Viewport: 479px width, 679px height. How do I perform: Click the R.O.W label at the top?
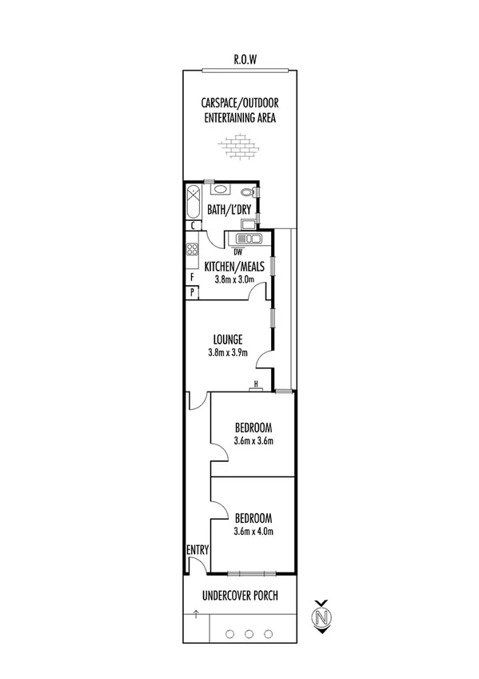click(x=245, y=59)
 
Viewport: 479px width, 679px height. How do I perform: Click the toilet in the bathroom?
click(x=249, y=192)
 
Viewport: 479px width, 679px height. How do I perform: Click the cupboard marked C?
click(x=193, y=226)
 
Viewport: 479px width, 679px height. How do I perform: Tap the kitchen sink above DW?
click(x=249, y=238)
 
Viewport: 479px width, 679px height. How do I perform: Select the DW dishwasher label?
click(x=238, y=251)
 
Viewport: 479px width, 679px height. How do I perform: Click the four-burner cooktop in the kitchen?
click(x=192, y=249)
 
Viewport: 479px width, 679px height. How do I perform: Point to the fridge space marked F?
click(x=192, y=277)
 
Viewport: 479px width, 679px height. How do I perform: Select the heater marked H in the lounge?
click(x=255, y=386)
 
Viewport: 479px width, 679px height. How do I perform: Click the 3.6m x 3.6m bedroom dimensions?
click(x=253, y=440)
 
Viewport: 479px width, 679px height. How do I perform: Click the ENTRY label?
click(x=198, y=549)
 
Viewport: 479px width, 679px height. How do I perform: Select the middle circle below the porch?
click(x=249, y=634)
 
